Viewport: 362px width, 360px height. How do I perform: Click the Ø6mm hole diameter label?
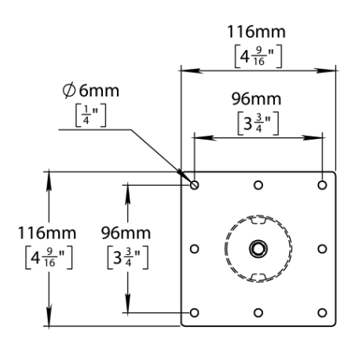click(x=93, y=91)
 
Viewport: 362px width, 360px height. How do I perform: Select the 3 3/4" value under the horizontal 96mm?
click(x=256, y=124)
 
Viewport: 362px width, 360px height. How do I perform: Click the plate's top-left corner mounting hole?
click(x=195, y=185)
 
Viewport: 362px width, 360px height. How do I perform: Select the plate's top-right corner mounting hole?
click(x=322, y=185)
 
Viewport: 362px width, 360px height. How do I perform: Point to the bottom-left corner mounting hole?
click(x=195, y=312)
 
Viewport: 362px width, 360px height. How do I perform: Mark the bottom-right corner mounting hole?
click(x=322, y=312)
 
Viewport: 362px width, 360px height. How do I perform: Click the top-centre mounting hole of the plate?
click(x=258, y=185)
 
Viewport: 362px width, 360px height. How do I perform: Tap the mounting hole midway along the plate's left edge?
click(x=195, y=249)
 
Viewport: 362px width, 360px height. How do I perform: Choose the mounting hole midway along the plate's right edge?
click(x=322, y=249)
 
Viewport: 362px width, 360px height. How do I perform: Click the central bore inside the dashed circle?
click(x=258, y=249)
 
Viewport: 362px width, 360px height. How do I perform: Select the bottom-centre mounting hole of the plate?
click(x=258, y=312)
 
